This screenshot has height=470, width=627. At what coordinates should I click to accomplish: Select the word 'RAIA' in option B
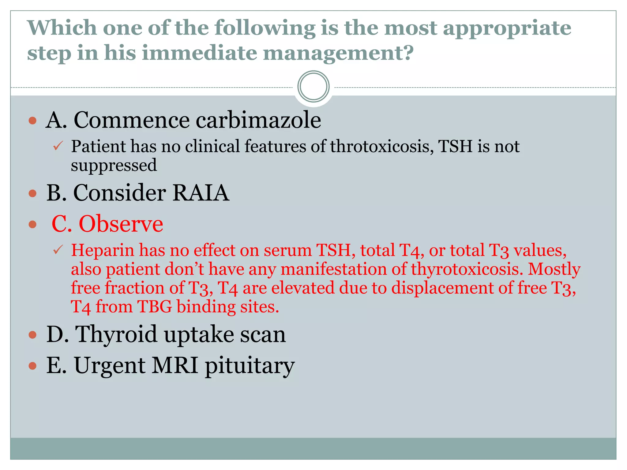[x=201, y=193]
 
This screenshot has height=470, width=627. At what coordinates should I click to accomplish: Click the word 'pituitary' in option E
[x=250, y=366]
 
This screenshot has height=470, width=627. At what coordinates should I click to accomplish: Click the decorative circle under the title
[x=313, y=87]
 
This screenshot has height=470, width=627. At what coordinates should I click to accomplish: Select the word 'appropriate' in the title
[x=507, y=28]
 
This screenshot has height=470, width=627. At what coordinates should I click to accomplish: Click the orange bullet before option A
[x=32, y=121]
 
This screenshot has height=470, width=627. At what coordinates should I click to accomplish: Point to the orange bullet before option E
[x=32, y=366]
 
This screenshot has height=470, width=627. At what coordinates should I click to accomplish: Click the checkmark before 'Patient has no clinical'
[x=58, y=146]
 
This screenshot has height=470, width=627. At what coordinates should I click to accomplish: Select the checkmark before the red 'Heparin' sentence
[x=58, y=250]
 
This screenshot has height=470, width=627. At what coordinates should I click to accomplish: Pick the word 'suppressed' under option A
[x=114, y=165]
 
